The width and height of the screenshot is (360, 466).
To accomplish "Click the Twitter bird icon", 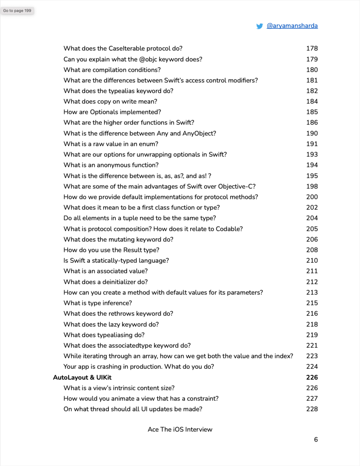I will [260, 26].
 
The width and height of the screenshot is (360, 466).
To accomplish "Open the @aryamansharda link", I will [292, 26].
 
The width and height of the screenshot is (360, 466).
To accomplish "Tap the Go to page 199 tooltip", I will [17, 11].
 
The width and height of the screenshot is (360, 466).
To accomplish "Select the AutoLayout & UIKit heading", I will [82, 377].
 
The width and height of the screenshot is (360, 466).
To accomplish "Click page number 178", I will [312, 48].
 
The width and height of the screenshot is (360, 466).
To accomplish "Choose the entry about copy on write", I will [110, 101].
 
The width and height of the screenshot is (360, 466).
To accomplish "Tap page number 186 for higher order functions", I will [312, 123].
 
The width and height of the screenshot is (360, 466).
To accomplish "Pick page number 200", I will [312, 197].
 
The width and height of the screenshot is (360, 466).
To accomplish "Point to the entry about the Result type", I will [111, 250].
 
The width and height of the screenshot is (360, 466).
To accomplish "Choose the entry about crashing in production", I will [139, 367].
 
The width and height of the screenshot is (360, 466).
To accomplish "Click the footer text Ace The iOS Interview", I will [180, 429].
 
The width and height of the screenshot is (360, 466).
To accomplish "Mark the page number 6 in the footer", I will [316, 439].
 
